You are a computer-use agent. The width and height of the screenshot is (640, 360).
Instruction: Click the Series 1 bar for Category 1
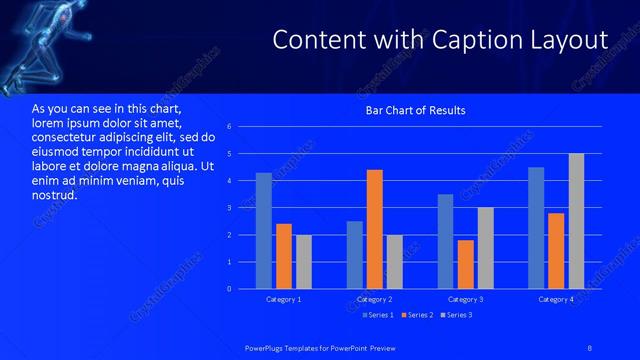[264, 231]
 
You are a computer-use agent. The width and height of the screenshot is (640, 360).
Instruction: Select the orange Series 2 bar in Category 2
[375, 229]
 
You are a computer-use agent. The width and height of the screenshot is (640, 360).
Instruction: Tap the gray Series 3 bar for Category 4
[576, 221]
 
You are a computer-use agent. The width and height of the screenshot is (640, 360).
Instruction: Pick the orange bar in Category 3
[465, 264]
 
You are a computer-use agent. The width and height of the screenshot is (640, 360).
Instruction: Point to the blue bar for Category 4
[536, 228]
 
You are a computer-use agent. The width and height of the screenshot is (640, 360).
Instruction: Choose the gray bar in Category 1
[304, 262]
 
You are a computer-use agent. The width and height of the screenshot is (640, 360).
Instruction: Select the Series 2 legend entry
[416, 315]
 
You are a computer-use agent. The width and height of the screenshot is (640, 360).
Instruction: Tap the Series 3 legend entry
[457, 315]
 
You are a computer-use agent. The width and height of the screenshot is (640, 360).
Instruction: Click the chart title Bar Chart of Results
[414, 110]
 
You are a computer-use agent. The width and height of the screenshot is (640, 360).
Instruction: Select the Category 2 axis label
[374, 300]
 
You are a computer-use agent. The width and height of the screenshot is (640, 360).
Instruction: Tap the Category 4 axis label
[556, 300]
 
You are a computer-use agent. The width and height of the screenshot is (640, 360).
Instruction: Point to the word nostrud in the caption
[54, 195]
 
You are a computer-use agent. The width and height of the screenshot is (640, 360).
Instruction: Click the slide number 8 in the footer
[591, 346]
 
